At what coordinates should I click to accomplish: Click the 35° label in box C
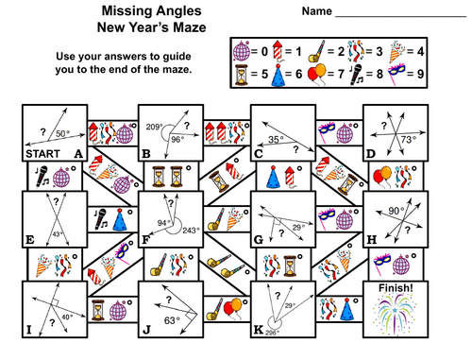coord(275,140)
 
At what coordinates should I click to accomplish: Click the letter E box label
coord(32,239)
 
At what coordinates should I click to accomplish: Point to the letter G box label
coord(259,239)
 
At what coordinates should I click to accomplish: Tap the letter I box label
coord(32,330)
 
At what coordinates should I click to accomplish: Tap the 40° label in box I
coord(67,318)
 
